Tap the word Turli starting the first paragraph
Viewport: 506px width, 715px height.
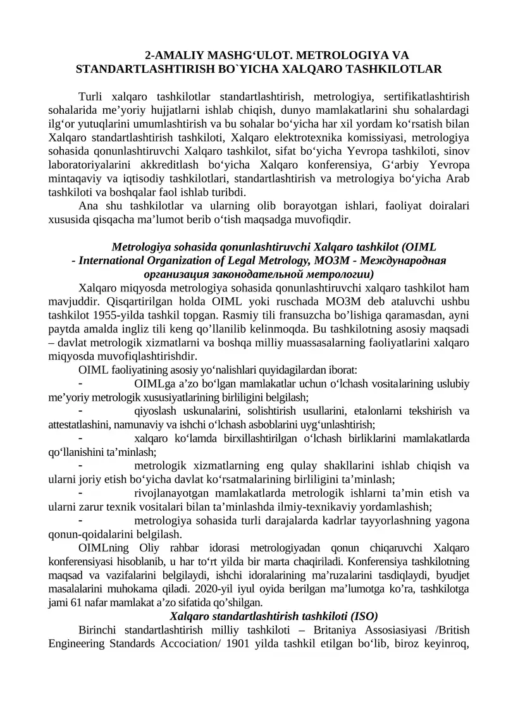coord(92,96)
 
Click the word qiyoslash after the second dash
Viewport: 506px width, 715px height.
coord(156,412)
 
